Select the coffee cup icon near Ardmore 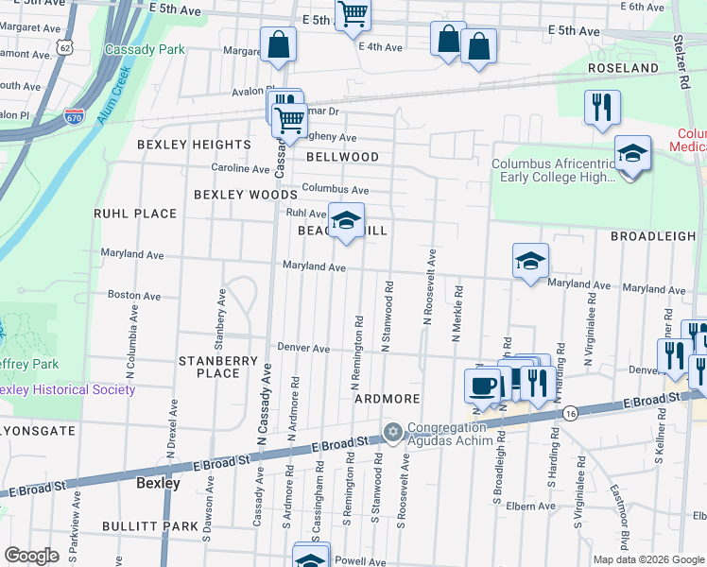tap(484, 386)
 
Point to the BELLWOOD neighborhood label tap(342, 157)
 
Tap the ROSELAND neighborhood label tap(622, 69)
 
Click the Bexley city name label tap(158, 482)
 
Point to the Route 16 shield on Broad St tap(568, 413)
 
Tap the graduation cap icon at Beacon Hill tap(346, 221)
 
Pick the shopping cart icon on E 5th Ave tap(353, 13)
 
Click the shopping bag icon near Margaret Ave tap(279, 43)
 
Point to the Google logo tap(31, 556)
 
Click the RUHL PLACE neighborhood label tap(135, 214)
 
